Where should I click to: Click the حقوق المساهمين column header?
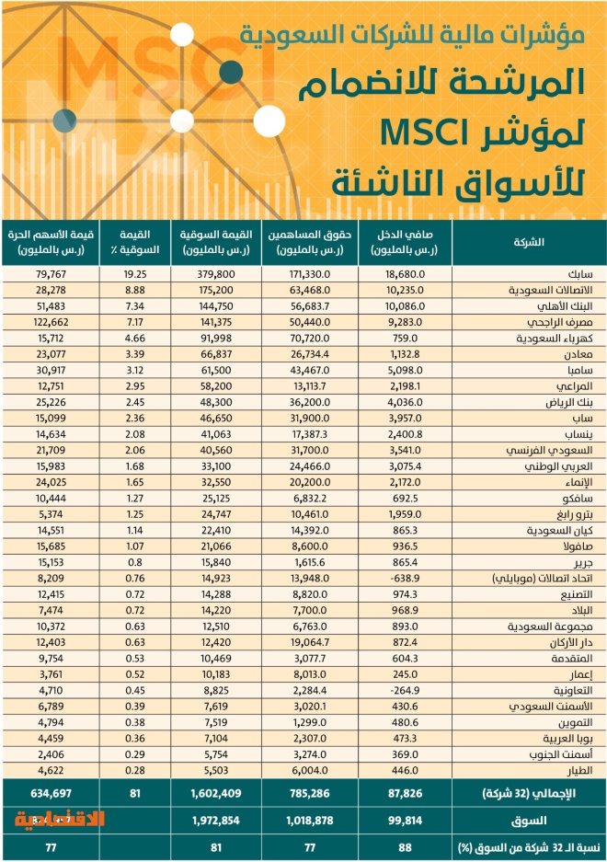307,242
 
